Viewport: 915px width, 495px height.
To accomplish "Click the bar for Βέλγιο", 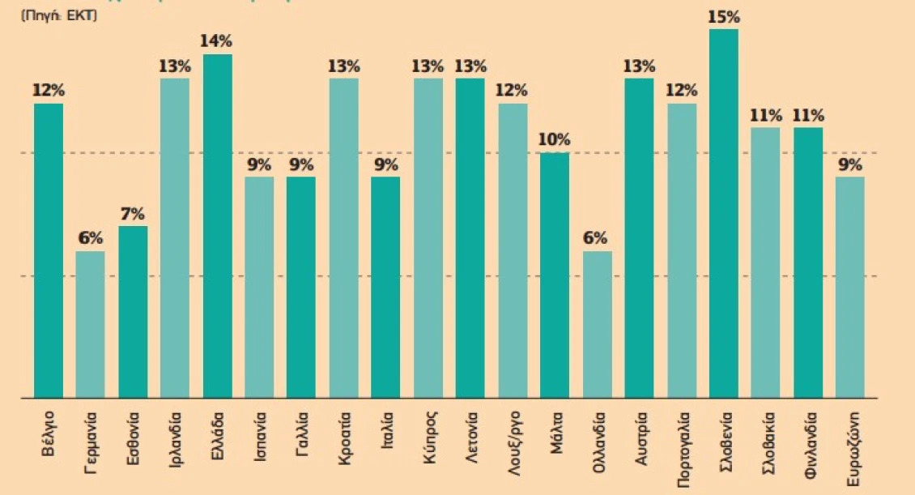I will coord(49,251).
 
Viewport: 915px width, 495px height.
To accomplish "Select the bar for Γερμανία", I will coord(91,324).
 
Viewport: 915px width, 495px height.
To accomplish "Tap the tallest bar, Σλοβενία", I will coord(724,214).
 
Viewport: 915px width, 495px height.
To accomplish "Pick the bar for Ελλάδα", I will coord(218,227).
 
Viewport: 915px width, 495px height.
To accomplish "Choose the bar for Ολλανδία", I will coord(598,324).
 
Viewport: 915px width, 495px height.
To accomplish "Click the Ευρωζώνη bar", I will coord(850,288).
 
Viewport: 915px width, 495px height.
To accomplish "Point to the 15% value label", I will coord(724,16).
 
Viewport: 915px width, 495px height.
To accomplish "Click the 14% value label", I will coord(218,41).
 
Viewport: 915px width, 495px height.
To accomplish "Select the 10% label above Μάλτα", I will coord(555,139).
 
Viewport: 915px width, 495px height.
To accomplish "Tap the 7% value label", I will coord(133,214).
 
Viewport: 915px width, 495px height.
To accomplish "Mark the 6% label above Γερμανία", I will coord(91,238).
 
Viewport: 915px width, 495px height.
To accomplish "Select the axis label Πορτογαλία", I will coord(682,450).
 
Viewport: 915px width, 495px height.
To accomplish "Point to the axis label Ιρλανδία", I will coord(175,442).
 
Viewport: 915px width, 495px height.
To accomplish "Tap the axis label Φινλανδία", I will coord(808,445).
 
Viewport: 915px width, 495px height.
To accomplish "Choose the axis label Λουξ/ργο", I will coord(513,443).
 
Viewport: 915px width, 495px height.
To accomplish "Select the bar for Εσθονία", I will coord(133,312).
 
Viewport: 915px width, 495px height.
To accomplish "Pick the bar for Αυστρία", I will coord(640,239).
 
